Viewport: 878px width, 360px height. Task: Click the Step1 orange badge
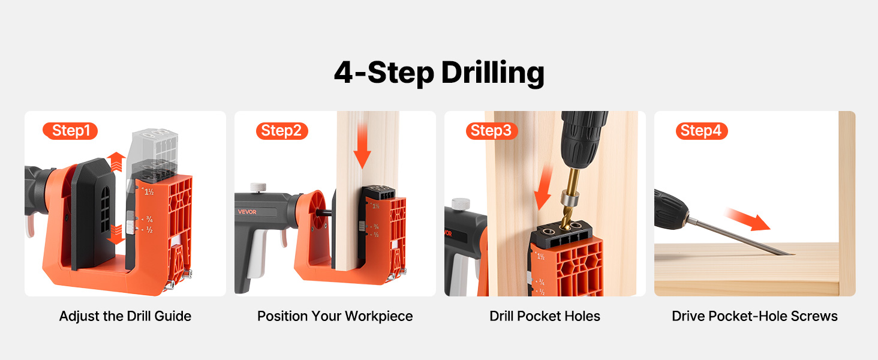pyautogui.click(x=70, y=131)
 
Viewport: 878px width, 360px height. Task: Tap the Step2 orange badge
pyautogui.click(x=282, y=131)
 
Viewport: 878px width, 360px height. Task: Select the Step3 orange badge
pyautogui.click(x=492, y=131)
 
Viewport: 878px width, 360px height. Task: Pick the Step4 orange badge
pyautogui.click(x=702, y=131)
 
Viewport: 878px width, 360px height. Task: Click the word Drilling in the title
pyautogui.click(x=493, y=73)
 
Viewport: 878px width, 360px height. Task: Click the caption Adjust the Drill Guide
pyautogui.click(x=125, y=316)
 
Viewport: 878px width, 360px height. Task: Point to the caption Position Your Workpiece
pyautogui.click(x=335, y=316)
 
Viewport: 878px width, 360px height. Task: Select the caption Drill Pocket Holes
pyautogui.click(x=545, y=316)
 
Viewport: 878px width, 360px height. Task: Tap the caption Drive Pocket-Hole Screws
pyautogui.click(x=754, y=316)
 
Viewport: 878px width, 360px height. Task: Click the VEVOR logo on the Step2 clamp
pyautogui.click(x=247, y=212)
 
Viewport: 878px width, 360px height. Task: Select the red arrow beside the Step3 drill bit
pyautogui.click(x=545, y=188)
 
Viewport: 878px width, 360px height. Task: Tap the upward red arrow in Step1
pyautogui.click(x=116, y=161)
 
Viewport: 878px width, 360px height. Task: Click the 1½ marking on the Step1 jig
pyautogui.click(x=149, y=192)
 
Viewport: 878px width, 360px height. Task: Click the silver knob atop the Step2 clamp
pyautogui.click(x=258, y=187)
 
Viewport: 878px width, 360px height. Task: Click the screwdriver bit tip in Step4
pyautogui.click(x=793, y=254)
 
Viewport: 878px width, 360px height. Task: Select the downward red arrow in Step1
pyautogui.click(x=116, y=235)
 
